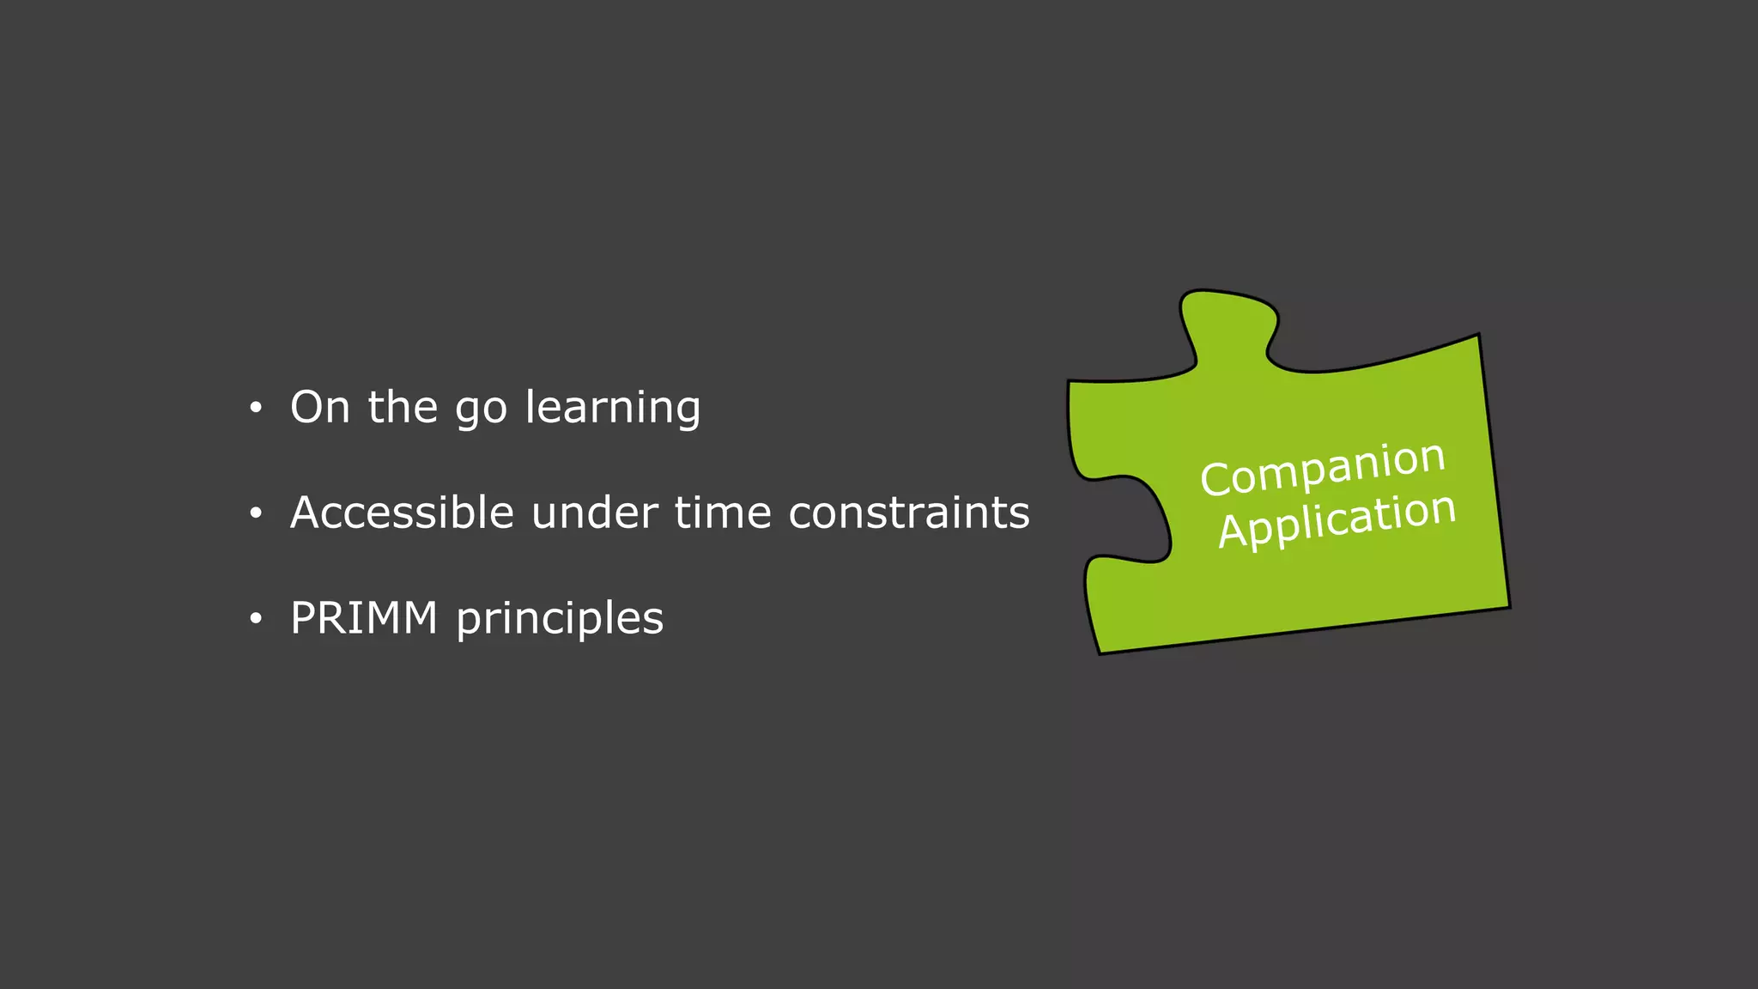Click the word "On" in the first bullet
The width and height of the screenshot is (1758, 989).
[319, 407]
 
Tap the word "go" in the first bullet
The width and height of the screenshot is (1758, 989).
[481, 410]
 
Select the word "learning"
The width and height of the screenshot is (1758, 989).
[613, 409]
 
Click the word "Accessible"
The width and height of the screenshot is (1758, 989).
[402, 513]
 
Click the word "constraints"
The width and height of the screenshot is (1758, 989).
[908, 513]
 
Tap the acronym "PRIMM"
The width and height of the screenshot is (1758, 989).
[364, 618]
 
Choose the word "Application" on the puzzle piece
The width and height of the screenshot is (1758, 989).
[1337, 519]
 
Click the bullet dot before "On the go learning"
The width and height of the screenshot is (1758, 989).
[255, 409]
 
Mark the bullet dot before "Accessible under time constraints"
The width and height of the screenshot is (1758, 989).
[255, 514]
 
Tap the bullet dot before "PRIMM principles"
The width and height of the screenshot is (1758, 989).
[255, 619]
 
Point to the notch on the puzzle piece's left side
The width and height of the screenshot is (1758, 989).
[1133, 519]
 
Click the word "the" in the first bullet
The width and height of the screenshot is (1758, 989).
[403, 407]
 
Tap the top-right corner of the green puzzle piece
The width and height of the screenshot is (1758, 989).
[1477, 336]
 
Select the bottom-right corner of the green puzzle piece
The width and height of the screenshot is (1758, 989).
[1508, 606]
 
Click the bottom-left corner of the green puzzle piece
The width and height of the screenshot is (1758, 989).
[1100, 652]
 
